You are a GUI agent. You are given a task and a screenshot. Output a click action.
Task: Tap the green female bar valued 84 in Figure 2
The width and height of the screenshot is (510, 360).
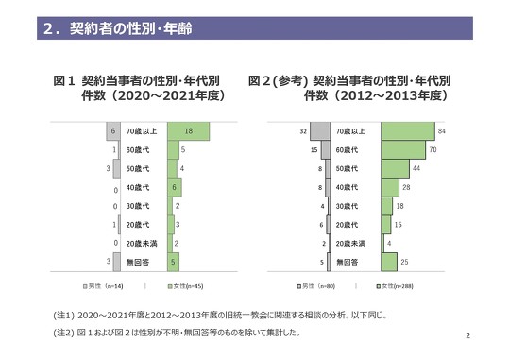coord(407,130)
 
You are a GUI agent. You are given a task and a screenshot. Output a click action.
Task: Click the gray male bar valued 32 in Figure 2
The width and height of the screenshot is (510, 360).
coord(320,130)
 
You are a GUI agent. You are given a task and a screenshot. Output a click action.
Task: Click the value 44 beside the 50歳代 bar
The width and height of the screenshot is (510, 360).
coord(416,168)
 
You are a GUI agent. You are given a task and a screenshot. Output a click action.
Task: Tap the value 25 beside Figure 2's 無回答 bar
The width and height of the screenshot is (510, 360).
coord(404,260)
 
